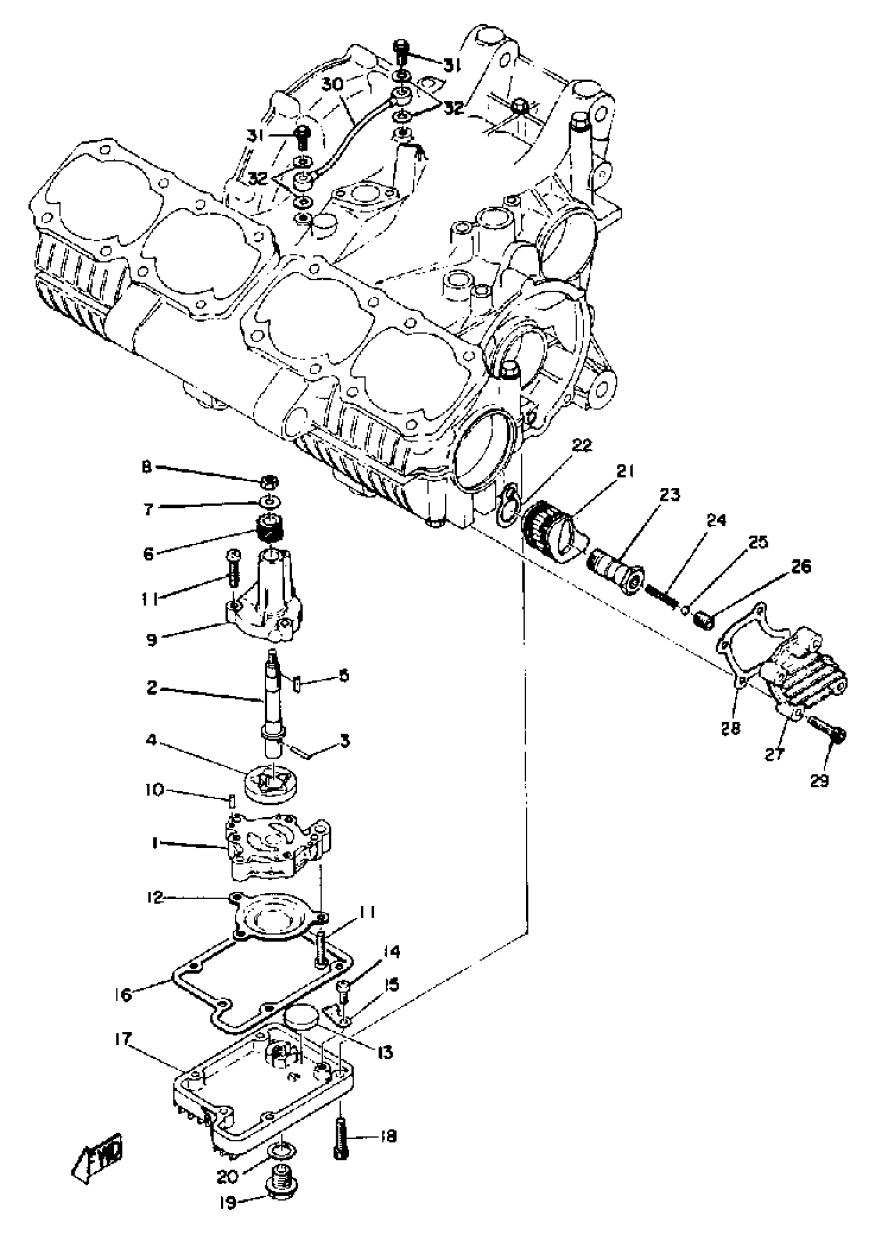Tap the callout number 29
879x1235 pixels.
click(819, 781)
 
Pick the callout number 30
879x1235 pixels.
click(334, 84)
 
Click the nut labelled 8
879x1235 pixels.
click(270, 481)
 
